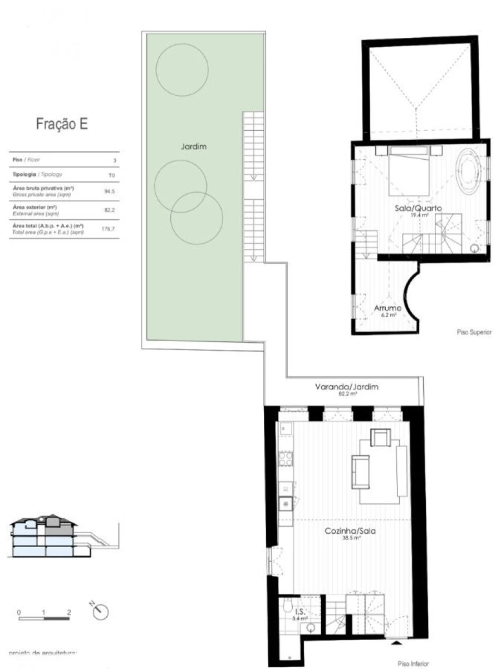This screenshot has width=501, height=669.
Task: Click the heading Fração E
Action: click(62, 124)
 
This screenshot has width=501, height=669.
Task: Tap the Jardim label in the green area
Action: click(194, 147)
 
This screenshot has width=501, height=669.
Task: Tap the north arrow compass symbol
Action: click(101, 611)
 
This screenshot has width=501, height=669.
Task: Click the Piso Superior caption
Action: click(474, 332)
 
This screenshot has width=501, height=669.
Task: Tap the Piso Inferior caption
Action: click(412, 663)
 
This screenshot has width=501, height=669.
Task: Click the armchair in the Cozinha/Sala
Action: click(381, 439)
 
